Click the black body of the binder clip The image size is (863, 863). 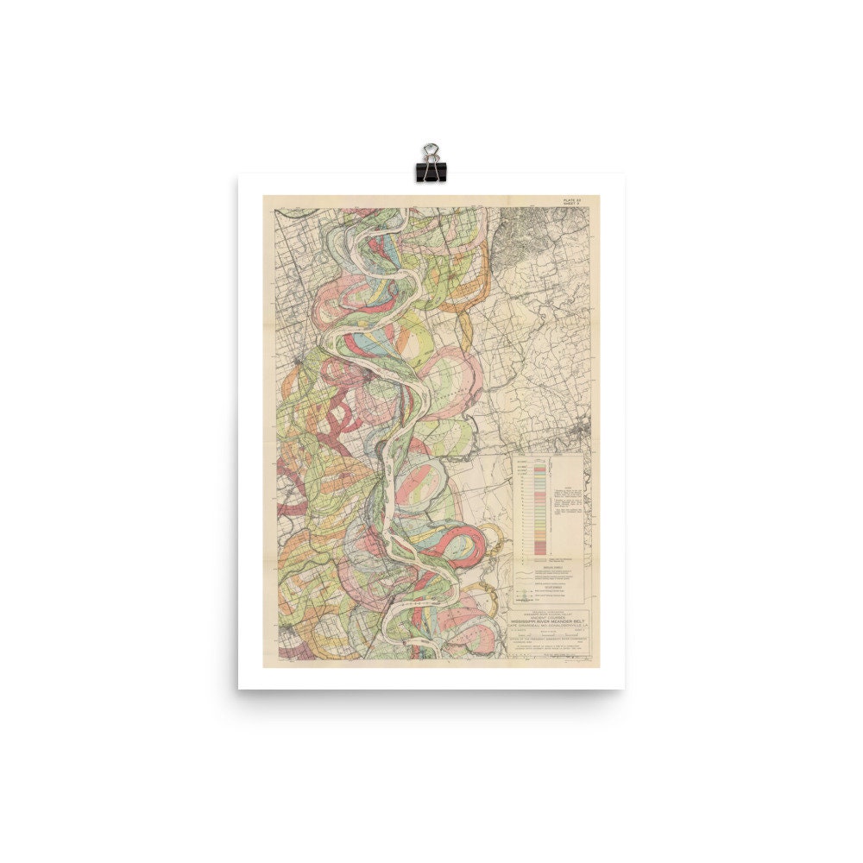pos(429,171)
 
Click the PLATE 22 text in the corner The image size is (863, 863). pos(572,200)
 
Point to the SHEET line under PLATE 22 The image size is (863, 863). pos(572,205)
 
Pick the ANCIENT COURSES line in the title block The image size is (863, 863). pos(549,615)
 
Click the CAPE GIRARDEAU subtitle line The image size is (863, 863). pos(549,626)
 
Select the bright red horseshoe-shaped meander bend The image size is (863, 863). pos(470,544)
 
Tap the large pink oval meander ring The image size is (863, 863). pos(453,380)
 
